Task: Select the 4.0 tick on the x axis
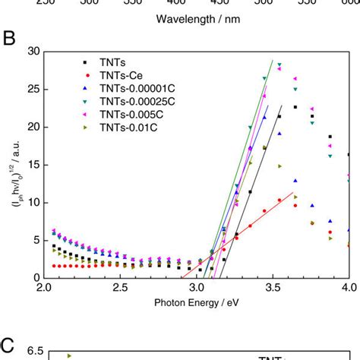pyautogui.click(x=348, y=289)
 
